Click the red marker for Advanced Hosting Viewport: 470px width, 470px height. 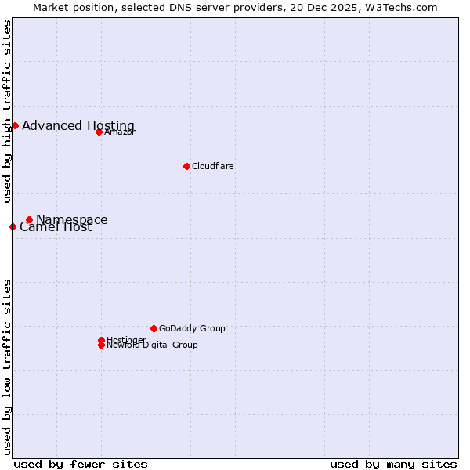coord(15,125)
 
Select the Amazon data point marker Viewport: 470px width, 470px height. coord(99,132)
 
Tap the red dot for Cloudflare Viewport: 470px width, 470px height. coord(186,166)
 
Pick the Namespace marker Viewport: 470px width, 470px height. coord(29,220)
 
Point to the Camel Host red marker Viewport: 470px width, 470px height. coord(13,226)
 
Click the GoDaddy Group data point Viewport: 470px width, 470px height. coord(154,328)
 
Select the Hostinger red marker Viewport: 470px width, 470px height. coord(101,340)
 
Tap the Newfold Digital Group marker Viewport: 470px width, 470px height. coord(101,345)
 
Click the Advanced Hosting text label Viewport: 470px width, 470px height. coord(78,125)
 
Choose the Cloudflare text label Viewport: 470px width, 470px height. coord(213,166)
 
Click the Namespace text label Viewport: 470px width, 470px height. coord(72,219)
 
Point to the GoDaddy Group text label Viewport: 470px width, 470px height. coord(192,328)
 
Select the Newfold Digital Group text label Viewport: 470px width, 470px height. coord(152,345)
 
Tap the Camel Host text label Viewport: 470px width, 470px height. coord(56,228)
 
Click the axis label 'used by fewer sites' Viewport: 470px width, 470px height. coord(81,464)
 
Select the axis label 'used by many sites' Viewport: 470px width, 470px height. coord(393,464)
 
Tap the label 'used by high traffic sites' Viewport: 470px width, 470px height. coord(7,111)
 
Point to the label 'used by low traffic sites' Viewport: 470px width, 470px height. coord(7,367)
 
